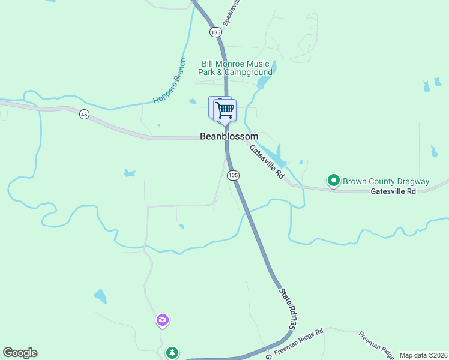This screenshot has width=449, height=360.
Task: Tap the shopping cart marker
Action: tap(224, 110)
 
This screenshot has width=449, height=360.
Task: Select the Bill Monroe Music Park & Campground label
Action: tap(235, 68)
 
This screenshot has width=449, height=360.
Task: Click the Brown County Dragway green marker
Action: tap(333, 180)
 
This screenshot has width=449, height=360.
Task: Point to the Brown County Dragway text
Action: tap(385, 181)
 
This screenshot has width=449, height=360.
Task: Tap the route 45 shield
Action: tap(84, 115)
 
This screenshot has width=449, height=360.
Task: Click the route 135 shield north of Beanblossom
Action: tap(215, 31)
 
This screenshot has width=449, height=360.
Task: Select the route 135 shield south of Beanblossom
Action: tap(234, 175)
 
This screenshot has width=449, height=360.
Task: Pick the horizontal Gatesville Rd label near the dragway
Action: tap(393, 191)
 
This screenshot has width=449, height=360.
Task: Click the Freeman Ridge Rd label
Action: tap(299, 340)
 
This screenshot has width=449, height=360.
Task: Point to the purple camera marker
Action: tap(162, 320)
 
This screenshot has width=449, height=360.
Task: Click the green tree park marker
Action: tap(173, 352)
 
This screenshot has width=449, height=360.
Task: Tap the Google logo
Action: tap(20, 353)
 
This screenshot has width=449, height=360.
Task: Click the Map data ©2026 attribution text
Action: tap(423, 355)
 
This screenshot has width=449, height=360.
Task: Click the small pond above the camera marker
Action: tap(100, 296)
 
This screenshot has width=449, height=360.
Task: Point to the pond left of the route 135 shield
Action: tap(129, 173)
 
